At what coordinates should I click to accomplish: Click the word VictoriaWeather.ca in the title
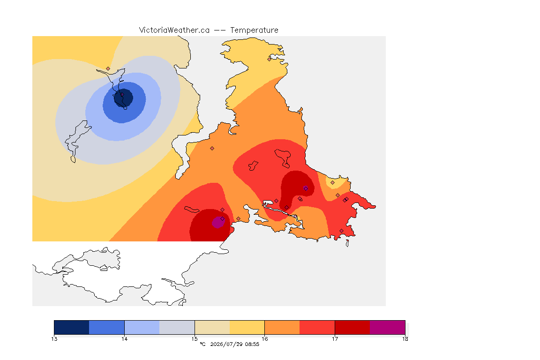174,30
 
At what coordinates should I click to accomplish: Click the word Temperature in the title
254,30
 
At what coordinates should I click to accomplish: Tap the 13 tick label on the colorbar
54,339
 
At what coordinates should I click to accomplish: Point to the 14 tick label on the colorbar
124,339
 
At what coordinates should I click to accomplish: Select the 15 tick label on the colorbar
195,339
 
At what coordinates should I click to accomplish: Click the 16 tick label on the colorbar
264,339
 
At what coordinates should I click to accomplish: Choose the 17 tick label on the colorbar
335,339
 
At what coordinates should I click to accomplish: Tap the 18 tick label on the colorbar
405,339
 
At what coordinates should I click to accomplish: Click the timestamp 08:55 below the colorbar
252,344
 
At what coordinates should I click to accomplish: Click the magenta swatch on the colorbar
388,327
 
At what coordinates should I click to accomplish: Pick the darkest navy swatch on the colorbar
72,327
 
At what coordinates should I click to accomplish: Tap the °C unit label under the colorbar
202,344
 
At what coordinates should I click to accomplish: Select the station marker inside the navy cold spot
122,94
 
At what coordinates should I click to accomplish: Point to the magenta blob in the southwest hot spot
218,222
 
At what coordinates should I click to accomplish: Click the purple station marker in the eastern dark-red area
306,188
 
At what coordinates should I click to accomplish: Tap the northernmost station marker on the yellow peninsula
270,59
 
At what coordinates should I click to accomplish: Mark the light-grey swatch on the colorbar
177,327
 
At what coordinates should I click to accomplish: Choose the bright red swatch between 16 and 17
317,327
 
